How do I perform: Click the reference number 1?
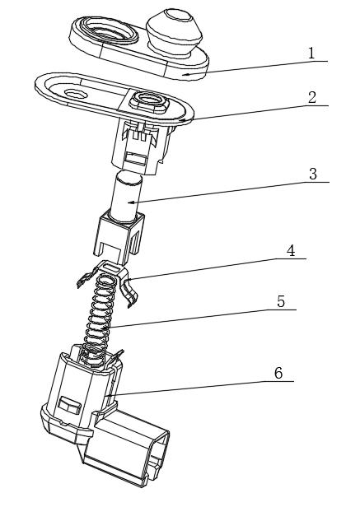point(311,53)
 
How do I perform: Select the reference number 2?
point(311,98)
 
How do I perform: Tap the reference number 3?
point(313,174)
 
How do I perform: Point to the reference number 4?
point(291,250)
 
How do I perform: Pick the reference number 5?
point(281,301)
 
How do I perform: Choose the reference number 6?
point(278,373)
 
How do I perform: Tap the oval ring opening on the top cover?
point(109,30)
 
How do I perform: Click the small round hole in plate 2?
point(76,94)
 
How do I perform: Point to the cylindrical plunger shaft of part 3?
point(127,196)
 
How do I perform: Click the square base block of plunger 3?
point(118,237)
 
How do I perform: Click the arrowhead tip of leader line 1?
point(182,75)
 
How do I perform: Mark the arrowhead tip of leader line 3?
point(128,203)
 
